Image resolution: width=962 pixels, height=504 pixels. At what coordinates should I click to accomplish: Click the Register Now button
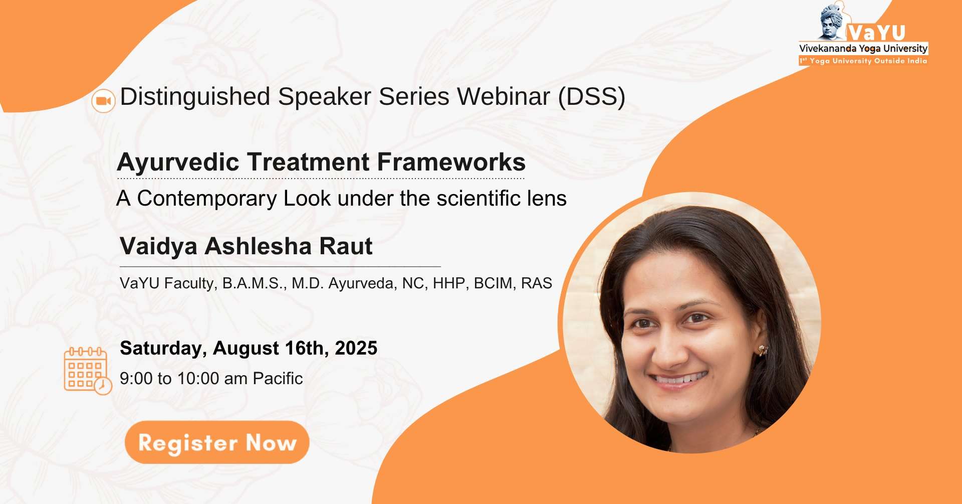pyautogui.click(x=217, y=442)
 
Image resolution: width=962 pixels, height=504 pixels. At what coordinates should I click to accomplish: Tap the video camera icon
pyautogui.click(x=104, y=101)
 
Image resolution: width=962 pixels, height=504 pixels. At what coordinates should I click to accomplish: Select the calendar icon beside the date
pyautogui.click(x=88, y=371)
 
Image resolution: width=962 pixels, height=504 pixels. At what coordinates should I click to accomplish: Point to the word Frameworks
pyautogui.click(x=451, y=162)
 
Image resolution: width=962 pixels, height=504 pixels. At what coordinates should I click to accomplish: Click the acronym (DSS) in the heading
pyautogui.click(x=592, y=96)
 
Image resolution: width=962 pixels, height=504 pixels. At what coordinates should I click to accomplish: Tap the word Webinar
pyautogui.click(x=504, y=96)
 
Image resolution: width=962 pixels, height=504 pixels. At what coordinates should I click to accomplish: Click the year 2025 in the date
pyautogui.click(x=356, y=348)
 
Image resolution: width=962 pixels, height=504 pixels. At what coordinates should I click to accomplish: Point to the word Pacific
pyautogui.click(x=278, y=378)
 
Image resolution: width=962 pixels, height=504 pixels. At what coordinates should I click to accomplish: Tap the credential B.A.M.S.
pyautogui.click(x=254, y=283)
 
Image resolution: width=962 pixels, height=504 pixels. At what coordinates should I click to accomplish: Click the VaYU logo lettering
pyautogui.click(x=876, y=33)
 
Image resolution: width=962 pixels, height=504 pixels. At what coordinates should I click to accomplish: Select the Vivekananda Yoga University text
pyautogui.click(x=863, y=48)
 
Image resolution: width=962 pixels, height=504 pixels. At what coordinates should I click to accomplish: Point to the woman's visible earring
pyautogui.click(x=763, y=350)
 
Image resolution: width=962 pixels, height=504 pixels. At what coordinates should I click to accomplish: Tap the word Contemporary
pyautogui.click(x=207, y=199)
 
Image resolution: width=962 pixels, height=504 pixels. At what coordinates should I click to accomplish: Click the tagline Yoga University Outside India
pyautogui.click(x=868, y=61)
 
